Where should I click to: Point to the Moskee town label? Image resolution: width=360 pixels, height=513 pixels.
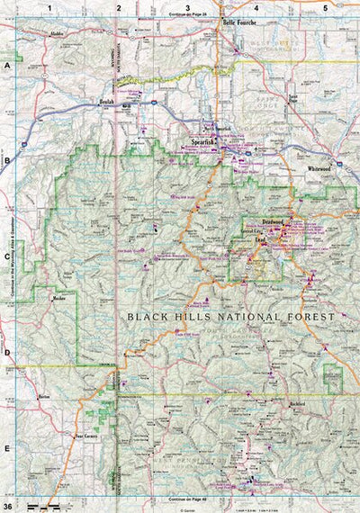[60, 297]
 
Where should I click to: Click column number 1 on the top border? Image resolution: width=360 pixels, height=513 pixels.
[50, 7]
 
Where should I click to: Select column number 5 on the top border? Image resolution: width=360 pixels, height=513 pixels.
[324, 7]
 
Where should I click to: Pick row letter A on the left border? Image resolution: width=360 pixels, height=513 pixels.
[6, 67]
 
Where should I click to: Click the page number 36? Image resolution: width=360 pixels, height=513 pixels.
[8, 503]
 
